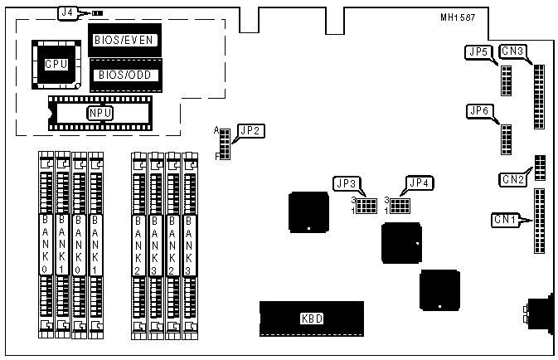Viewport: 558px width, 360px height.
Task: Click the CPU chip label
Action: (x=56, y=63)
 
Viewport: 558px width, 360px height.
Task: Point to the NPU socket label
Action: (x=100, y=113)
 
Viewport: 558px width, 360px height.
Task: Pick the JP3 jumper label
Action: (x=346, y=182)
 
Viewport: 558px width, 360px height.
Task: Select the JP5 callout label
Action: (x=478, y=53)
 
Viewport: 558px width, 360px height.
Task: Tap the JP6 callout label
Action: (x=479, y=110)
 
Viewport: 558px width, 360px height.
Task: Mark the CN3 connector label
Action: (x=512, y=53)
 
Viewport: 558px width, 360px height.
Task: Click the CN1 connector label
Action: (x=505, y=220)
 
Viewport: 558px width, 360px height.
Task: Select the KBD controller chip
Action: (x=312, y=318)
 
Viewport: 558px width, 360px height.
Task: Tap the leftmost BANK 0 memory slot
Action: (x=46, y=245)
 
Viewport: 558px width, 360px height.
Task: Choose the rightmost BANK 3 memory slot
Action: (x=191, y=245)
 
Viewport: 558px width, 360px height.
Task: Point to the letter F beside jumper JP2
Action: (x=217, y=155)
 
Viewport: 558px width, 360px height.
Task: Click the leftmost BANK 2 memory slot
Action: (x=138, y=245)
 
